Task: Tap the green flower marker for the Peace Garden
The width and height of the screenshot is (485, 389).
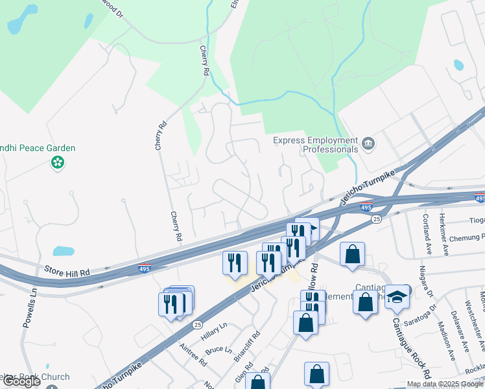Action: coord(58,162)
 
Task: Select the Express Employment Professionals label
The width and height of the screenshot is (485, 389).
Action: coord(315,145)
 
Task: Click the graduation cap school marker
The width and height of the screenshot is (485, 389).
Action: coord(398,296)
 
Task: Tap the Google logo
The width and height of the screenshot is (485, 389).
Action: coord(21,381)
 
